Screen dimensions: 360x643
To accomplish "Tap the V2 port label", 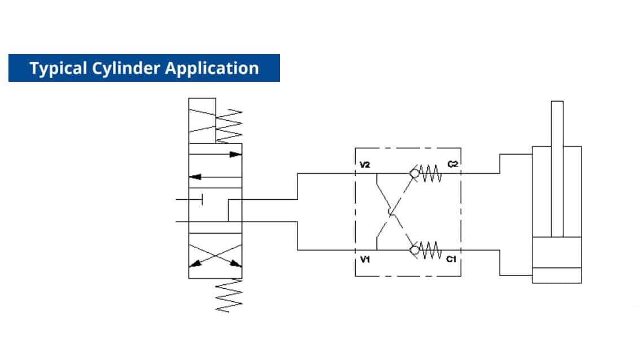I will pos(365,165).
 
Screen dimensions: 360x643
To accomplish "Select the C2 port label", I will pos(452,165).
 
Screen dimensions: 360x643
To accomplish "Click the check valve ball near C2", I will pos(415,174).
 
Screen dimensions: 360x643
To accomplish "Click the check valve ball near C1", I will pos(415,249).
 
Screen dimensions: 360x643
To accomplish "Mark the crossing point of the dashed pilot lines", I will pos(391,212).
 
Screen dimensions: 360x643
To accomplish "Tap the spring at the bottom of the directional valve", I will pos(229,295).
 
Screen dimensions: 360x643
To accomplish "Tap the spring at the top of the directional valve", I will pos(229,125).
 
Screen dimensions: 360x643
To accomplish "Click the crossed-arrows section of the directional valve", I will pos(215,256).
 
